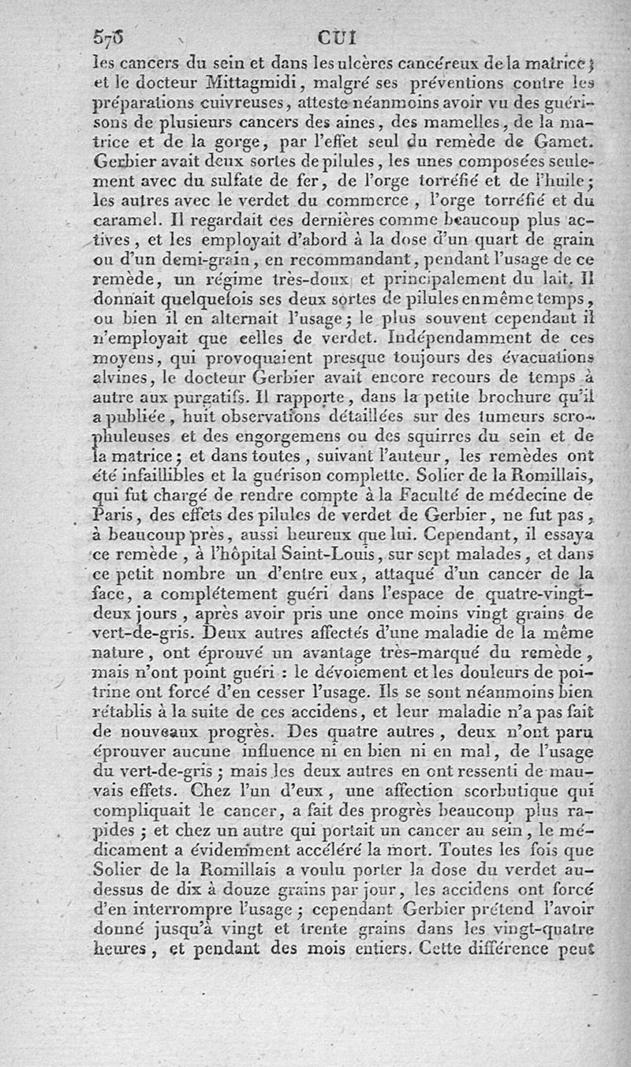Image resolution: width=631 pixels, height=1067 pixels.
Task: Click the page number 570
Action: [109, 36]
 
